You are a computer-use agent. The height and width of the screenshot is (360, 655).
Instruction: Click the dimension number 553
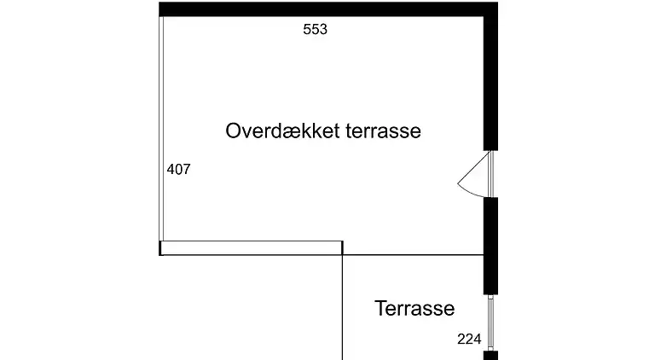pos(315,29)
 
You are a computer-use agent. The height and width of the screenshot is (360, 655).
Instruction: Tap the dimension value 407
pos(179,169)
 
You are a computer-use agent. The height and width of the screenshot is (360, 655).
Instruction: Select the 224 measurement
pos(469,340)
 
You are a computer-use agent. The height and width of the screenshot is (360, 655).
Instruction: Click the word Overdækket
pos(283,131)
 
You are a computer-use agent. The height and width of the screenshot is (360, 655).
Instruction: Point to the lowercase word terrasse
pos(384,131)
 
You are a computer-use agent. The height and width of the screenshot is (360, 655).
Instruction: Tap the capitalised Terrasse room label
pos(414,309)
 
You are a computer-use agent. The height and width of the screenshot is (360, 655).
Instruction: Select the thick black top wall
pos(328,9)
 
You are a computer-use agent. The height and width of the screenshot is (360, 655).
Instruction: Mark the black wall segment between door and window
pos(491,246)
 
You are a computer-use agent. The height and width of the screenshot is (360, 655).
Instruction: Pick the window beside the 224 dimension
pos(491,322)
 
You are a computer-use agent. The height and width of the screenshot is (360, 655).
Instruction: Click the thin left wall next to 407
pos(161,129)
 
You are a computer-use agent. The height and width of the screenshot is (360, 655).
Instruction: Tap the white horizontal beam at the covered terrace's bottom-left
pos(251,248)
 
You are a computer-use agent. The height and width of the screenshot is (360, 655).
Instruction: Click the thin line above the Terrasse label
pos(413,255)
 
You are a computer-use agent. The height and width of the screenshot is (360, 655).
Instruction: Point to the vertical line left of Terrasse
pos(343,307)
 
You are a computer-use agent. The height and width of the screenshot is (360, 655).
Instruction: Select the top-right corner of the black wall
pos(497,3)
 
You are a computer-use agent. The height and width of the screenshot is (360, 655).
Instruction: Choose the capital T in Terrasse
pos(380,308)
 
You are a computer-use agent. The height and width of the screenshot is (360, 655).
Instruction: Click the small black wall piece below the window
pos(491,356)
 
